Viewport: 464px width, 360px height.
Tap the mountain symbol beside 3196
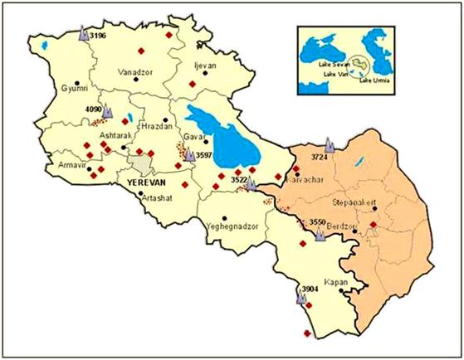tap(82, 35)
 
